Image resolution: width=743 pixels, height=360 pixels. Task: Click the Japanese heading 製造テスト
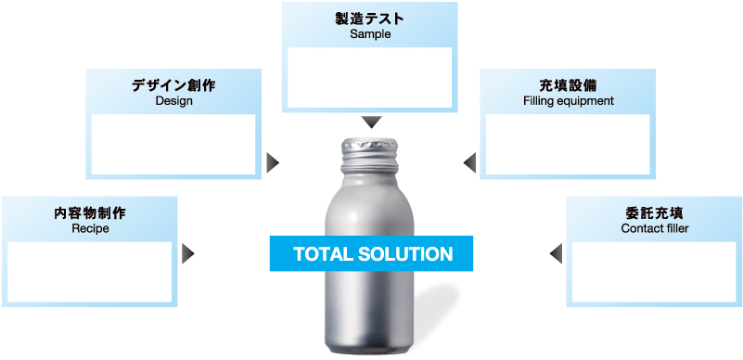pos(371,18)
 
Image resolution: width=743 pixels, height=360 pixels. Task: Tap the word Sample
pos(371,34)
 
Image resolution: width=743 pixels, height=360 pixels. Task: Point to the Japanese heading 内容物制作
pos(90,212)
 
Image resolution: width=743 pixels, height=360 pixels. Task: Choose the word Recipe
pos(90,228)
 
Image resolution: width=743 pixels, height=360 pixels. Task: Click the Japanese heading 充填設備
pos(568,85)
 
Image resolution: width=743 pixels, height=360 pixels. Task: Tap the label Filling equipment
pos(568,101)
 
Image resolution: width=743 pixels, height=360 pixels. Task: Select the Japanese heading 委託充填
pos(654,212)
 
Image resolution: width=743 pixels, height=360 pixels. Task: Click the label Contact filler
pos(654,228)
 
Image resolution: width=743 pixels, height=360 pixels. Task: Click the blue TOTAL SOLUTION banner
pos(372,253)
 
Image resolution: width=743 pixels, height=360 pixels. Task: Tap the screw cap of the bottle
pos(371,152)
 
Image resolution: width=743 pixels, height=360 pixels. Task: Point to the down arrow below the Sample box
pos(371,122)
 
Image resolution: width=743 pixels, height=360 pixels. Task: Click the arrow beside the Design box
pos(273,163)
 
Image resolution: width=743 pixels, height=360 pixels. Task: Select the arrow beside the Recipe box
pos(188,252)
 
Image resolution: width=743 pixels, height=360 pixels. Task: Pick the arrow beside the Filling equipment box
pos(469,163)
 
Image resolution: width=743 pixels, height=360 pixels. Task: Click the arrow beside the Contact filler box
pos(556,252)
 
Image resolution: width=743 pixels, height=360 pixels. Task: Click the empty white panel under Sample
pos(370,76)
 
